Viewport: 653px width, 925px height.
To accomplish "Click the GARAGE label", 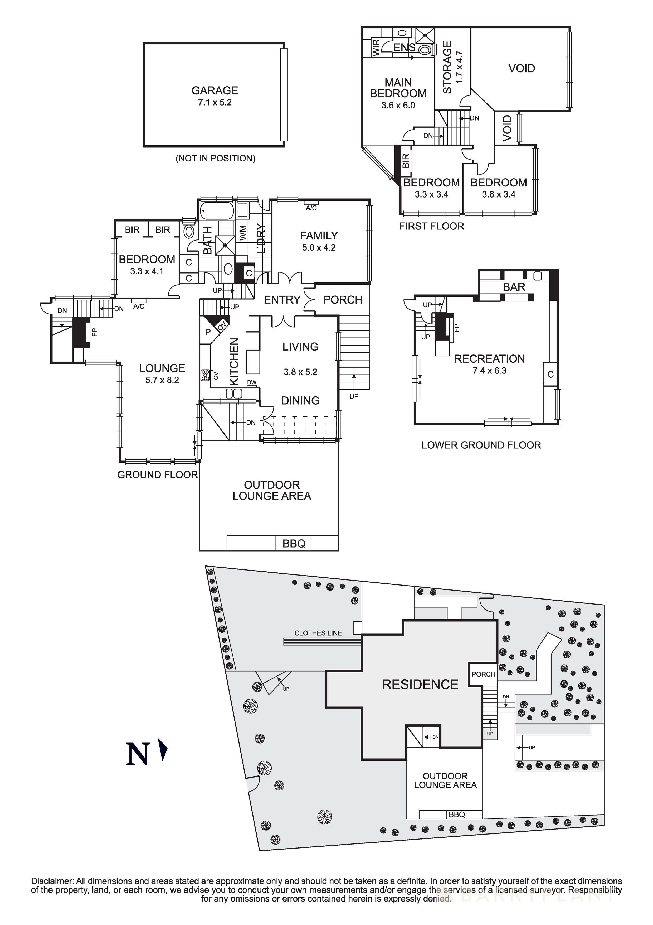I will pos(215,90).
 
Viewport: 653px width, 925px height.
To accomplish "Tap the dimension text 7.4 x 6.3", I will pos(490,371).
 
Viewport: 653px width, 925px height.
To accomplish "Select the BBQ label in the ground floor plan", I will pos(294,544).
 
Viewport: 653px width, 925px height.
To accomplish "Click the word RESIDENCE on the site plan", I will pos(420,684).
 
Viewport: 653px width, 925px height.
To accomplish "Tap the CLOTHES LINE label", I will pos(318,633).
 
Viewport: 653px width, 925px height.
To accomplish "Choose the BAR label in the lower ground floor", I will pos(514,287).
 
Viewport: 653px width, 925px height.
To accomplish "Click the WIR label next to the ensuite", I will pos(376,47).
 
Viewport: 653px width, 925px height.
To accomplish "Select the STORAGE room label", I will pos(447,67).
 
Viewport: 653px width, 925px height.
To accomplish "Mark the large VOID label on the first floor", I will pos(522,69).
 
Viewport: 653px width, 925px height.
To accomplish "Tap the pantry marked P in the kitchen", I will pos(208,332).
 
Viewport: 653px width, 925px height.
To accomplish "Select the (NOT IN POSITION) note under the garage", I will pos(215,158).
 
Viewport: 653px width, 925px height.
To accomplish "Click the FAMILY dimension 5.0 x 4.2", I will pos(319,247).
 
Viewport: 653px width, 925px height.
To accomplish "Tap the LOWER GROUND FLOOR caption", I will pos(481,445).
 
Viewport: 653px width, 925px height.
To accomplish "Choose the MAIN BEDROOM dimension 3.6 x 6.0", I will pos(398,106).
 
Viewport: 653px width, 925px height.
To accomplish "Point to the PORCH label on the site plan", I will pos(483,674).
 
